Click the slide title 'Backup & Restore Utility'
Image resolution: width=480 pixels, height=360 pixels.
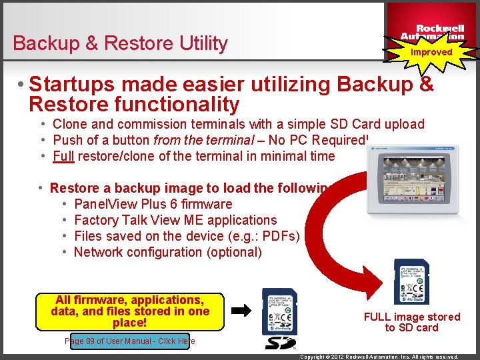(x=120, y=43)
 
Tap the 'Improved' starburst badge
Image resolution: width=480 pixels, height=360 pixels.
(x=431, y=51)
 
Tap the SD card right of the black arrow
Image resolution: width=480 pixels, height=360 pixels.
(x=279, y=311)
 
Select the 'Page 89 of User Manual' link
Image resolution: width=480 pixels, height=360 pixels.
(x=130, y=341)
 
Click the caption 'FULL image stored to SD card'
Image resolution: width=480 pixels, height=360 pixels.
(x=411, y=322)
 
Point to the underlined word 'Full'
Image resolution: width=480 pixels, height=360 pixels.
(x=63, y=156)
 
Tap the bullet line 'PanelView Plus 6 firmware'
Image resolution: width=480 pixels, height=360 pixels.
(x=153, y=204)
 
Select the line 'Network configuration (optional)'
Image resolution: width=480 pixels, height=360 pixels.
(x=167, y=252)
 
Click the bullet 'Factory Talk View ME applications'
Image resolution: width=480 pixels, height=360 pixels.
(x=175, y=220)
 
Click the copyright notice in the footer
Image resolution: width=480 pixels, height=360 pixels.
(x=379, y=357)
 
